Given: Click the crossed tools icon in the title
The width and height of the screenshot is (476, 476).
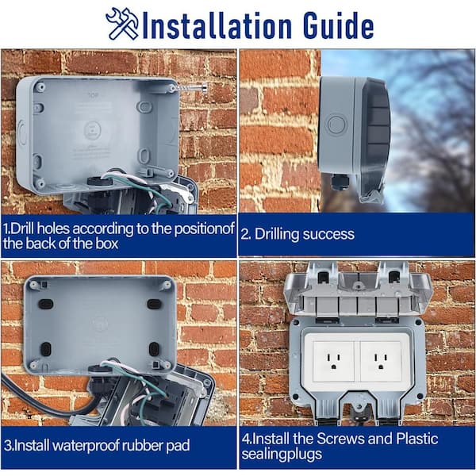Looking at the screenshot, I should click(x=121, y=24).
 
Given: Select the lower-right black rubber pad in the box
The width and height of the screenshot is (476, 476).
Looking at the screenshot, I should click(x=154, y=348).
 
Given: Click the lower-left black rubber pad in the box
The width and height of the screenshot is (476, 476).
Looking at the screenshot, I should click(x=45, y=348).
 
